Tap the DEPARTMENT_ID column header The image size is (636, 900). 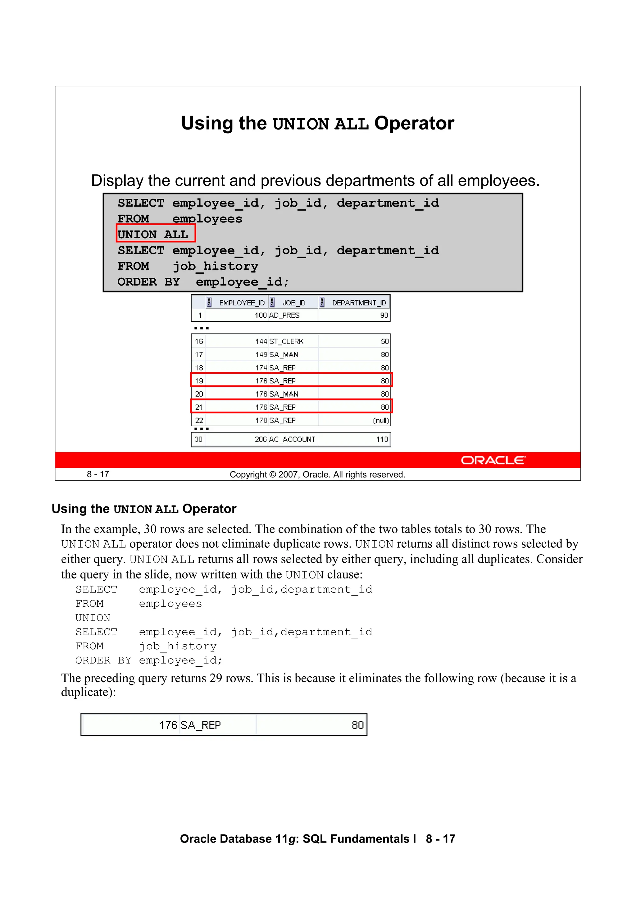[359, 303]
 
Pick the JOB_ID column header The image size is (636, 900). [293, 303]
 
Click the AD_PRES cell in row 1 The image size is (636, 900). [284, 316]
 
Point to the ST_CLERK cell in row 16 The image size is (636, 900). [286, 341]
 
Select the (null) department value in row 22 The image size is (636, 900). [380, 421]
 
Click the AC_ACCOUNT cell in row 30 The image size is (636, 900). [292, 439]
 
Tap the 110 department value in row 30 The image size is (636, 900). [382, 439]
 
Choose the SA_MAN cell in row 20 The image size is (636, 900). [284, 394]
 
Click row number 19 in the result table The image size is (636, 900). [199, 381]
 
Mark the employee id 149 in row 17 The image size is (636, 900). [261, 355]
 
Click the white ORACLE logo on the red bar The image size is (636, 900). [493, 460]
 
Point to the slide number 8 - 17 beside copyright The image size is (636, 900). [98, 474]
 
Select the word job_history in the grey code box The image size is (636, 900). [215, 266]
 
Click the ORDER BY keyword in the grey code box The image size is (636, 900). [148, 282]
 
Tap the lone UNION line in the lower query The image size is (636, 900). [93, 618]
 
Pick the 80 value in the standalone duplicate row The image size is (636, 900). [357, 725]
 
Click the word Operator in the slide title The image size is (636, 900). [414, 123]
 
